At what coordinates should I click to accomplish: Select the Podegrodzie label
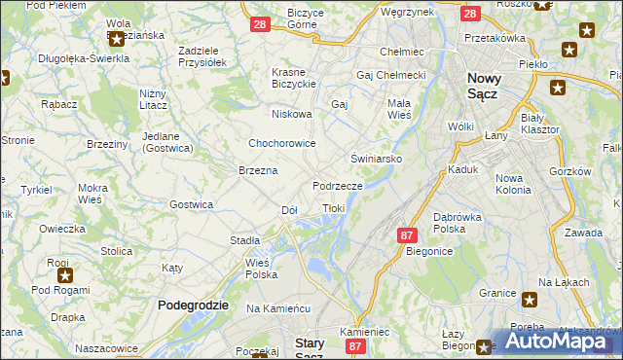(193, 305)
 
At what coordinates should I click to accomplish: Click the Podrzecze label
(338, 185)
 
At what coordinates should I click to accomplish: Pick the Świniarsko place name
(377, 158)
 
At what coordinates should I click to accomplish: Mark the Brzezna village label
(259, 170)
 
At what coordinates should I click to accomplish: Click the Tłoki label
(333, 207)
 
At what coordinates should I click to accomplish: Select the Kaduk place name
(463, 168)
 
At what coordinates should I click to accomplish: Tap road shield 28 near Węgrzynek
(470, 15)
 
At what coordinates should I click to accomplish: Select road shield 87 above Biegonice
(408, 235)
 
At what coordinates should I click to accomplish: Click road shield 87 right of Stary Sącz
(356, 346)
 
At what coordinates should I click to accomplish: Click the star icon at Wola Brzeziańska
(118, 40)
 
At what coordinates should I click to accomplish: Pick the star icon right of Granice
(530, 300)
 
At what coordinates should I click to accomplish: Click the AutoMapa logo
(563, 342)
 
